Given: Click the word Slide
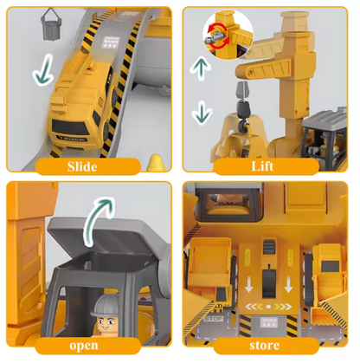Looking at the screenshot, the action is point(82,166).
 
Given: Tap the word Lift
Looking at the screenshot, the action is point(262,166).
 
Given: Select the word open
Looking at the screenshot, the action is point(84,346).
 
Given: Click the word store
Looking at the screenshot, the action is point(264,345).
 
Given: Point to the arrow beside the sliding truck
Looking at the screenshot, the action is point(43,70).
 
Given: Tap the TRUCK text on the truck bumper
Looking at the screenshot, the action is point(72,139).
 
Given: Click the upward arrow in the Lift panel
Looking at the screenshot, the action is point(201,68).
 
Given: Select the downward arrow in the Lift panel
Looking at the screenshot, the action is point(202,113).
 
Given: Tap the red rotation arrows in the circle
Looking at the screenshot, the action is point(219,36).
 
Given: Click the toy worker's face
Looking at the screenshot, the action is point(106,324).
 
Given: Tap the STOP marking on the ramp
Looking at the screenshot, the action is point(213,319).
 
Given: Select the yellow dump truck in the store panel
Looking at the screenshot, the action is point(211,270).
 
